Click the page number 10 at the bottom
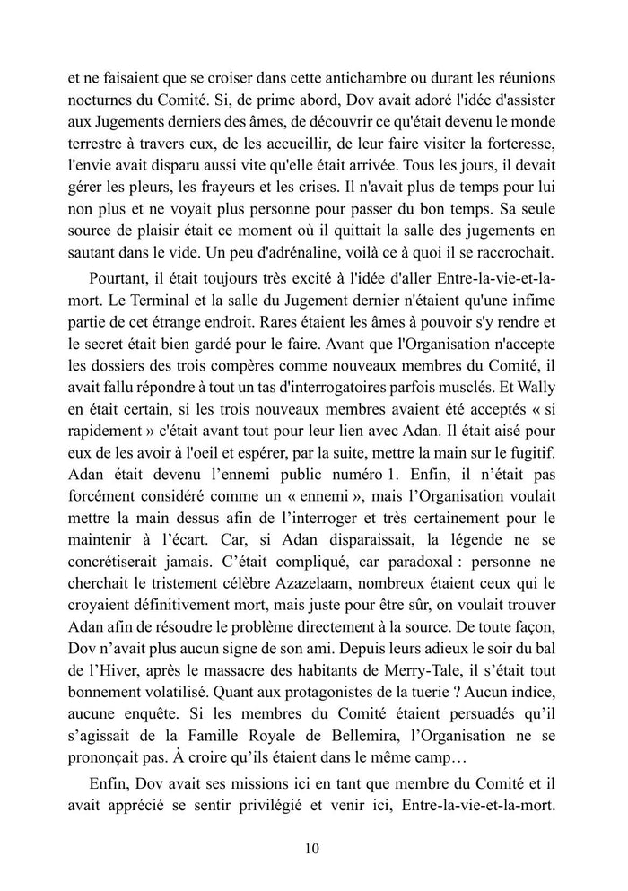[x=313, y=847]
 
